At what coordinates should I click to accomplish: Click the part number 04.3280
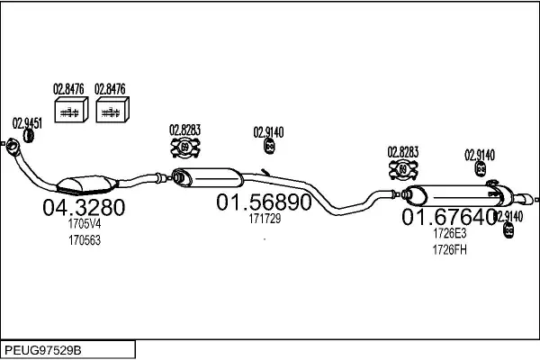tap(84, 207)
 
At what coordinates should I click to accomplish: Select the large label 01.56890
tap(264, 202)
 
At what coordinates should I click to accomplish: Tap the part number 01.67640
tap(449, 217)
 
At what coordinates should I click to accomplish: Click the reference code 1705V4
tap(85, 224)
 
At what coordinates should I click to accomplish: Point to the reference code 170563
tap(85, 240)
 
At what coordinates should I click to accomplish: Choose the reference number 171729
tap(265, 219)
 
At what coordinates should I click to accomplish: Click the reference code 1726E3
tap(449, 233)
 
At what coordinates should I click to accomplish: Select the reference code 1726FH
tap(449, 250)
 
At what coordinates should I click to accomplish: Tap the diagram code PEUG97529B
tap(43, 350)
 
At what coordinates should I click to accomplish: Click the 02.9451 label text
tap(27, 123)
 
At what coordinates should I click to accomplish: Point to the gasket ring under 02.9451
tap(28, 136)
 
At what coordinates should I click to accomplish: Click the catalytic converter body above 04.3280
tap(87, 184)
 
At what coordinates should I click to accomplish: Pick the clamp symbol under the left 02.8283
tap(185, 148)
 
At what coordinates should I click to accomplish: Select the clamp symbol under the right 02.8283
tap(403, 169)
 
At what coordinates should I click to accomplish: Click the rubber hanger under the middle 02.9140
tap(269, 146)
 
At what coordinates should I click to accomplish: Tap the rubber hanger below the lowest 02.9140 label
tap(508, 229)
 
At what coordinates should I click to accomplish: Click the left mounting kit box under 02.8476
tap(71, 110)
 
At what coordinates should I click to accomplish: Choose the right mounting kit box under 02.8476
tap(112, 110)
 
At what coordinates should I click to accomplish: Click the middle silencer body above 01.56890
tap(207, 177)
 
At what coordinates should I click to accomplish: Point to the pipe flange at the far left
tap(13, 145)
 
